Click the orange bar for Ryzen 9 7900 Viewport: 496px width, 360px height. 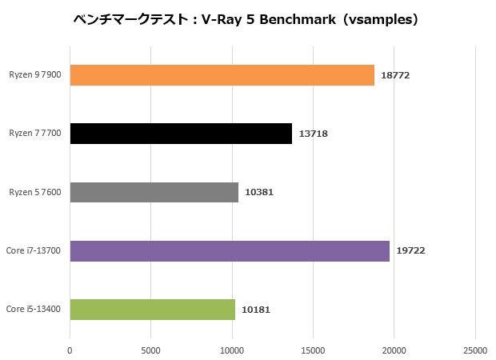pyautogui.click(x=222, y=75)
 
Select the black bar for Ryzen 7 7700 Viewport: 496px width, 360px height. pyautogui.click(x=181, y=134)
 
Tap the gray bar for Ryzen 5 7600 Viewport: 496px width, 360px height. pyautogui.click(x=154, y=192)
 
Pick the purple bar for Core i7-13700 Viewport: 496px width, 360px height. pyautogui.click(x=230, y=251)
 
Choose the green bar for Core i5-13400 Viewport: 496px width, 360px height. pyautogui.click(x=153, y=310)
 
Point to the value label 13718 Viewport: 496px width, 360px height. pyautogui.click(x=314, y=134)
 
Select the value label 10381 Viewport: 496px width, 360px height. pyautogui.click(x=259, y=193)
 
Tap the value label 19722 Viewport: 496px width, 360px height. pyautogui.click(x=410, y=251)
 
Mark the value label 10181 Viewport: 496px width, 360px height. pyautogui.click(x=256, y=310)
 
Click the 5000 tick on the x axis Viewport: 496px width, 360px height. pyautogui.click(x=151, y=350)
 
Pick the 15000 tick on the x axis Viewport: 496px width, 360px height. pyautogui.click(x=313, y=350)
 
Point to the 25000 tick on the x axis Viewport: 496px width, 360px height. pyautogui.click(x=475, y=350)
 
